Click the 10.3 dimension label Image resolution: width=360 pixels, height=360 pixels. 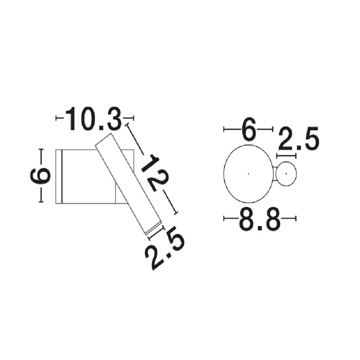(93, 118)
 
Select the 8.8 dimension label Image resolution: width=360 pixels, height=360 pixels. (259, 219)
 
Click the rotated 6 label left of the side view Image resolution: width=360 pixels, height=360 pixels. (40, 176)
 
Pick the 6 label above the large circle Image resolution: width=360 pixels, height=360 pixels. (248, 129)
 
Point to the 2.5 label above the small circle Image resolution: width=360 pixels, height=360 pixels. (298, 138)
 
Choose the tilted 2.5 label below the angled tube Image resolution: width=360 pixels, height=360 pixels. (164, 247)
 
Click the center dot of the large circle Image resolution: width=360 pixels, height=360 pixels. (248, 174)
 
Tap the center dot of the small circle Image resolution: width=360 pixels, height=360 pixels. (286, 174)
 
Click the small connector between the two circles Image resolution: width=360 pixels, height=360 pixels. (274, 174)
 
